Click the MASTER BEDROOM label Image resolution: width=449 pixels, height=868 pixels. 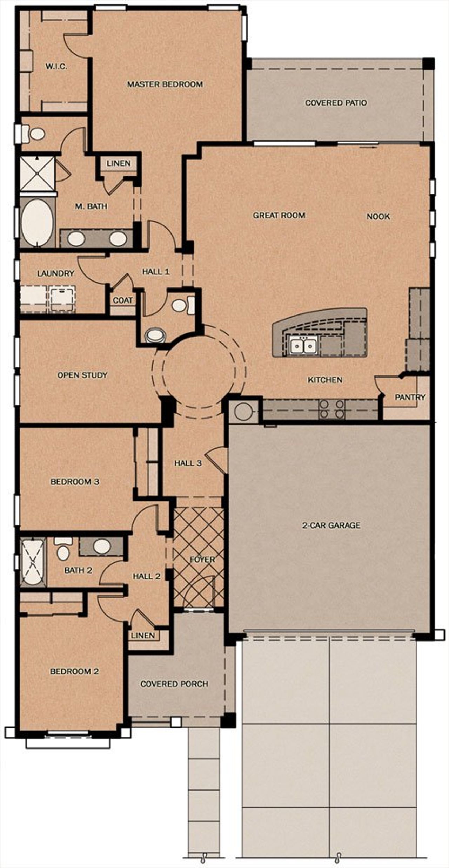pyautogui.click(x=165, y=84)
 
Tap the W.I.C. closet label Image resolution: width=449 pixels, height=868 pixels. pyautogui.click(x=56, y=66)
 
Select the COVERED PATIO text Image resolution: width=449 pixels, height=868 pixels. pyautogui.click(x=336, y=103)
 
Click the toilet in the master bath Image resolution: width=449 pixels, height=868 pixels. pyautogui.click(x=34, y=134)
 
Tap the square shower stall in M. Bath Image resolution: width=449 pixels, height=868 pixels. pyautogui.click(x=37, y=173)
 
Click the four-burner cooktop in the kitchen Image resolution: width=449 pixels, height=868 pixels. pyautogui.click(x=331, y=409)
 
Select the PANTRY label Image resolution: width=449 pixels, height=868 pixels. pyautogui.click(x=410, y=397)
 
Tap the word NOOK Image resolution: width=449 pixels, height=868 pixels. pyautogui.click(x=378, y=216)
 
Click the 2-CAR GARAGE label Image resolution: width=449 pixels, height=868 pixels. pyautogui.click(x=331, y=525)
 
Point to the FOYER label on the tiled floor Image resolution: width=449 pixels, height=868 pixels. pyautogui.click(x=202, y=560)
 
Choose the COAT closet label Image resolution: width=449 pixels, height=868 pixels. pyautogui.click(x=123, y=300)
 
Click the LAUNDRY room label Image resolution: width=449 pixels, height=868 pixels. pyautogui.click(x=55, y=273)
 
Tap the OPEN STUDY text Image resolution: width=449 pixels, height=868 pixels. pyautogui.click(x=82, y=375)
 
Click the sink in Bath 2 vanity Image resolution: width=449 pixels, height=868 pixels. pyautogui.click(x=102, y=546)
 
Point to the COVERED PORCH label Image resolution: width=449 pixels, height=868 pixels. pyautogui.click(x=174, y=684)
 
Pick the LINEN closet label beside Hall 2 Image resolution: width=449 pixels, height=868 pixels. pyautogui.click(x=143, y=635)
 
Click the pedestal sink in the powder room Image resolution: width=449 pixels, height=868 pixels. pyautogui.click(x=155, y=335)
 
